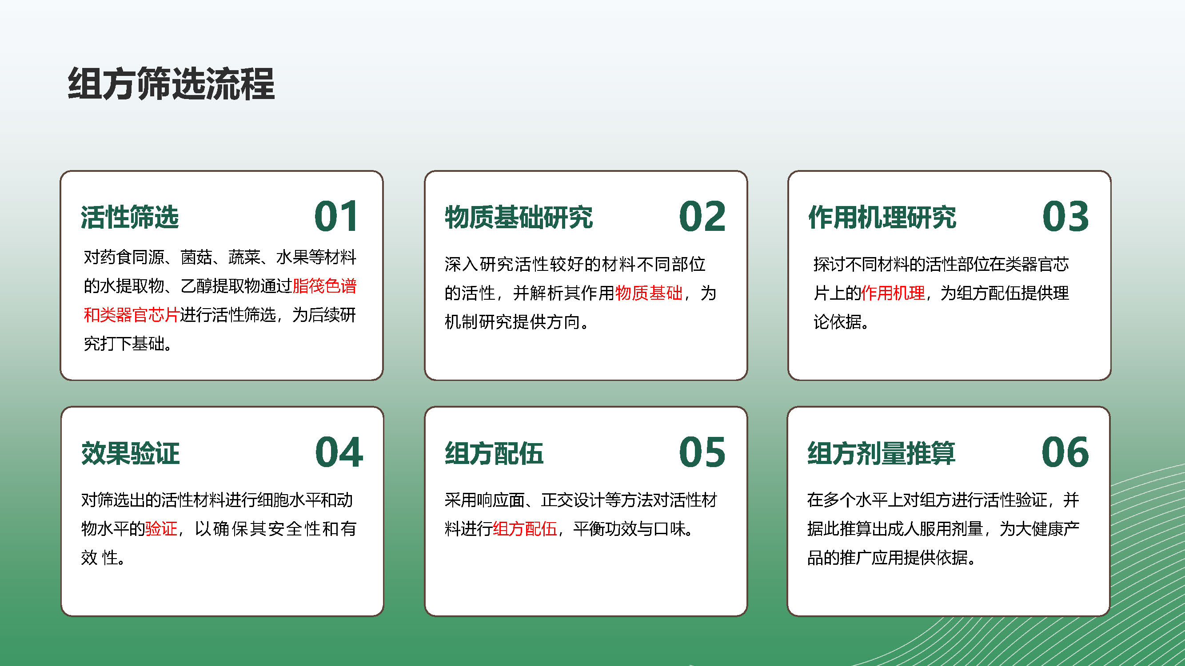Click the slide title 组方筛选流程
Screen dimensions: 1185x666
[x=171, y=83]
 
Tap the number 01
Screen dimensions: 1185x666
[x=336, y=217]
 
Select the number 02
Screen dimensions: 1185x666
[x=702, y=217]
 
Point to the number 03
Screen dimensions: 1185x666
[x=1065, y=217]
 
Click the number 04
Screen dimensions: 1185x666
[x=339, y=452]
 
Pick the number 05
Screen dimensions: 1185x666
[x=702, y=452]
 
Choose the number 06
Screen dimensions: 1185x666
[x=1065, y=452]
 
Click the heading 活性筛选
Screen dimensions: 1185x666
[x=130, y=217]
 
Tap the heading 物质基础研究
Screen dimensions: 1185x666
[x=519, y=217]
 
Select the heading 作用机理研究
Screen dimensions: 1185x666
[x=882, y=217]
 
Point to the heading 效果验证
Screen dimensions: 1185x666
[x=130, y=453]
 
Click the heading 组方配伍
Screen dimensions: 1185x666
[x=494, y=453]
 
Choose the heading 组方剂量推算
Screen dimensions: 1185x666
[x=882, y=453]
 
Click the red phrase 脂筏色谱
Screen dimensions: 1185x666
[x=324, y=286]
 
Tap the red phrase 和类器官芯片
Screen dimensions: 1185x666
[x=132, y=315]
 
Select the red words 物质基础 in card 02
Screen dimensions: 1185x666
[x=649, y=293]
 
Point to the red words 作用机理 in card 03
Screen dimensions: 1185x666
[x=893, y=293]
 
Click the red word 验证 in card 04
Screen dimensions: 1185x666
[x=161, y=528]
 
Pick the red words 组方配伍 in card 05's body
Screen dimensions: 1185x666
[x=525, y=528]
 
